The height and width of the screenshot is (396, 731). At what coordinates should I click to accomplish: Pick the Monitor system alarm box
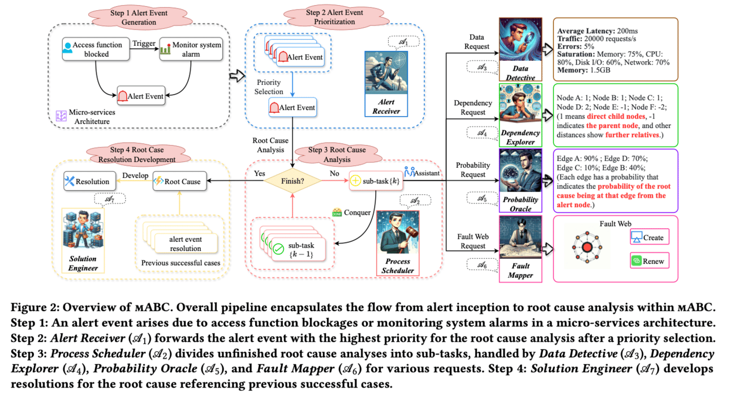click(x=191, y=50)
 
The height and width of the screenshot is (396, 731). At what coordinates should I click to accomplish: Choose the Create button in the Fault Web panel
click(x=649, y=237)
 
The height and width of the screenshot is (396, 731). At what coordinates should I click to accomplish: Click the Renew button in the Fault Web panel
click(x=649, y=261)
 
